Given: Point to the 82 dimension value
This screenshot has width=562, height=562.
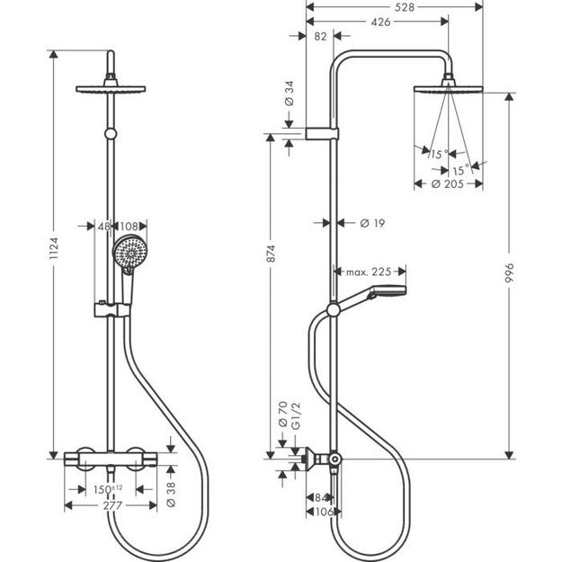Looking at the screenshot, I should [x=320, y=37].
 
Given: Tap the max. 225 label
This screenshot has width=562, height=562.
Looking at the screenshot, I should [x=368, y=271].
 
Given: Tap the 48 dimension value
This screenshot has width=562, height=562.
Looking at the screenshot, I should [x=103, y=227].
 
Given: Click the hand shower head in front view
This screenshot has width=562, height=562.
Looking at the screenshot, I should [x=129, y=253].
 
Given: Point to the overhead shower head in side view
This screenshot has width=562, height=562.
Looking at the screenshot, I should [x=446, y=91].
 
